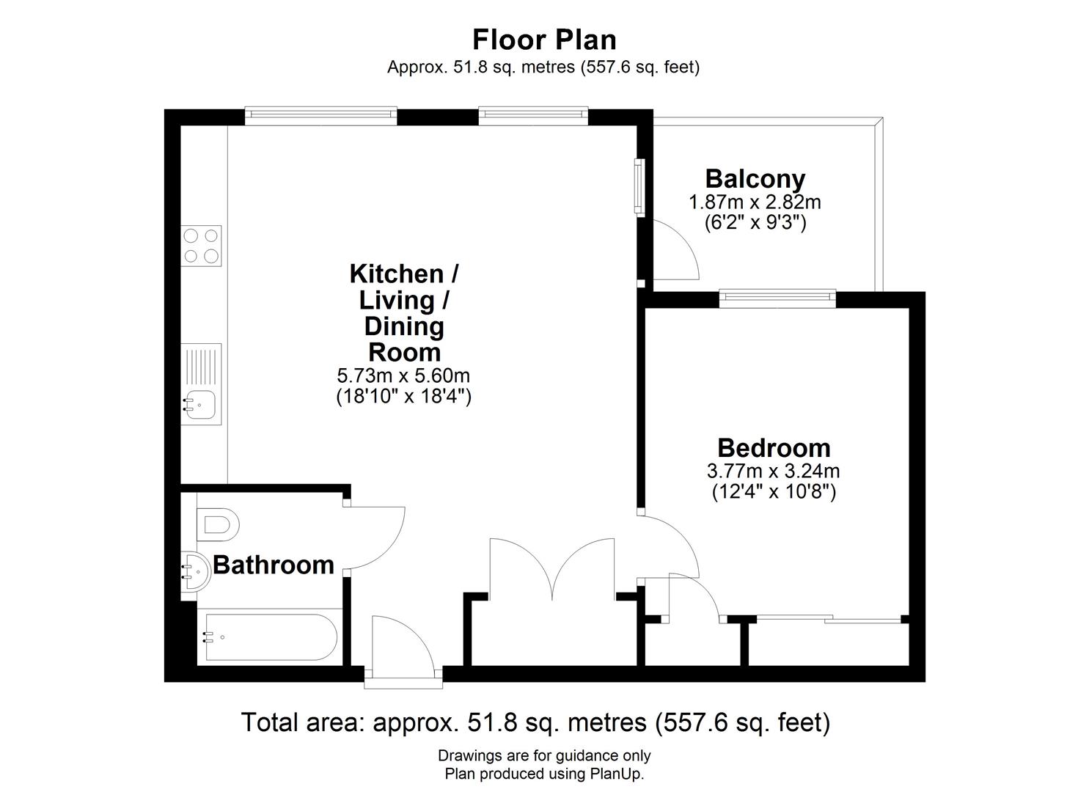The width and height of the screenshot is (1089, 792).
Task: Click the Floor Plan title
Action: (x=544, y=39)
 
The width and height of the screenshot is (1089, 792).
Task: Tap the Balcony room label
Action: (x=755, y=178)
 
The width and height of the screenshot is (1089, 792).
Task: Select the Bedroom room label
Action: (x=774, y=447)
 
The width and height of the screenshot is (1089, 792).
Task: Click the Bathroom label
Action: (x=273, y=565)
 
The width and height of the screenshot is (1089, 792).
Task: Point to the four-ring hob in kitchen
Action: (x=202, y=246)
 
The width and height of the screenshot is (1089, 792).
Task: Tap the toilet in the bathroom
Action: (x=219, y=525)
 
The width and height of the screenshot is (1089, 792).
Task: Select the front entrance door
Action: (x=403, y=645)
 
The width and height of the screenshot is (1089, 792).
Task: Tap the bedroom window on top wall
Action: (x=777, y=298)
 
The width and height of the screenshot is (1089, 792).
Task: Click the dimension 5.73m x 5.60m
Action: (x=403, y=376)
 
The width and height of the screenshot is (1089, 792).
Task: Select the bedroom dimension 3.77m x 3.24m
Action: (x=774, y=471)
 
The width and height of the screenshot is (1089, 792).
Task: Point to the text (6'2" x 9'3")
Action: (x=755, y=223)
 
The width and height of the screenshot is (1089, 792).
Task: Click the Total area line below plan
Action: (x=535, y=723)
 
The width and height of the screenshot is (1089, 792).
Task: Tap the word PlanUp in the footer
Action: (x=616, y=774)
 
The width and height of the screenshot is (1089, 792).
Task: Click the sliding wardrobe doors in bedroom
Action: (x=829, y=620)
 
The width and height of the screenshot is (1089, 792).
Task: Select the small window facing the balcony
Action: (x=639, y=187)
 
